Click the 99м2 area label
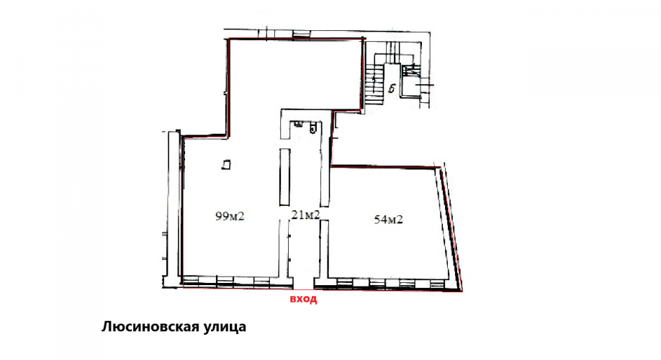[x=230, y=216]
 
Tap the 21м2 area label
[x=305, y=215]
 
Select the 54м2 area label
[x=389, y=219]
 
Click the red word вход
[x=303, y=299]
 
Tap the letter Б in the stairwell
[x=392, y=89]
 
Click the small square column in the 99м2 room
[x=227, y=164]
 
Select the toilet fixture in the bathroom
[x=312, y=127]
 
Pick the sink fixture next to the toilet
[x=298, y=124]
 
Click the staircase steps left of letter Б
[x=374, y=83]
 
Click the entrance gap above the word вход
[x=304, y=283]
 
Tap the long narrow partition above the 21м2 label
[x=285, y=176]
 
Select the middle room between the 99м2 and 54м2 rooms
[x=305, y=198]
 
